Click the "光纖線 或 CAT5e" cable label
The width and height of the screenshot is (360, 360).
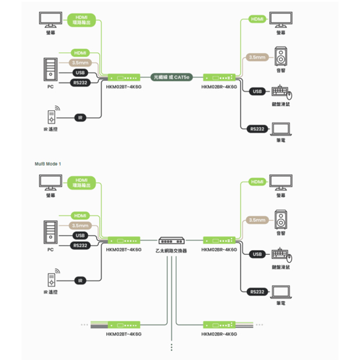point(172,76)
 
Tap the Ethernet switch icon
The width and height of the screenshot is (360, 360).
point(172,240)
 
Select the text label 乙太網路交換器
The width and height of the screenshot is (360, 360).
point(172,251)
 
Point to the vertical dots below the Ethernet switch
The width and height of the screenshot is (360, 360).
point(172,346)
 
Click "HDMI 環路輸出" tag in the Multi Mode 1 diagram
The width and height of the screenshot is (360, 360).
point(81,183)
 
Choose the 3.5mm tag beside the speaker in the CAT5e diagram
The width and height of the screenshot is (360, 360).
point(257,57)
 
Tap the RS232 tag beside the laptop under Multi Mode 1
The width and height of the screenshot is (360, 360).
point(257,292)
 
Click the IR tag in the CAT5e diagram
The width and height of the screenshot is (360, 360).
point(81,118)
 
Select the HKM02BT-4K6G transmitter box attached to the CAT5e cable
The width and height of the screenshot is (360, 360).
point(124,77)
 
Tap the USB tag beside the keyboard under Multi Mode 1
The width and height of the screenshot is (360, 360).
point(258,254)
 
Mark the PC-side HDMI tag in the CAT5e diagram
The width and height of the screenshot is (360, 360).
point(81,53)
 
